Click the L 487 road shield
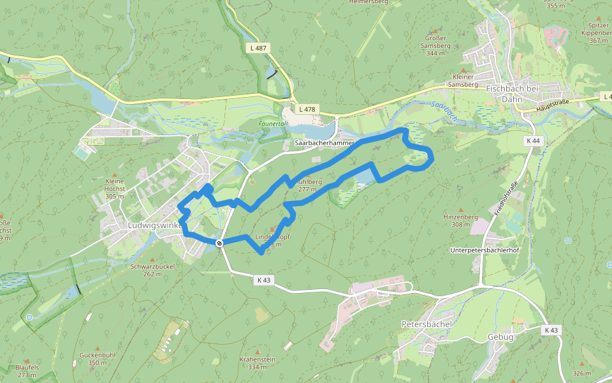pyautogui.click(x=259, y=48)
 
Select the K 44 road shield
pyautogui.click(x=533, y=140)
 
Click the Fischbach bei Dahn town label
pyautogui.click(x=512, y=94)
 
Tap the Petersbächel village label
pyautogui.click(x=426, y=324)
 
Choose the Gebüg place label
pyautogui.click(x=500, y=336)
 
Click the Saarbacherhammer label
pyautogui.click(x=324, y=144)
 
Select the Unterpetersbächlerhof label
pyautogui.click(x=484, y=250)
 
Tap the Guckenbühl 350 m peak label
pyautogui.click(x=98, y=358)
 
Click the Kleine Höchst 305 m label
pyautogui.click(x=115, y=188)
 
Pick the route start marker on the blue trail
pyautogui.click(x=219, y=243)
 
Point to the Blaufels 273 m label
pyautogui.click(x=27, y=371)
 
